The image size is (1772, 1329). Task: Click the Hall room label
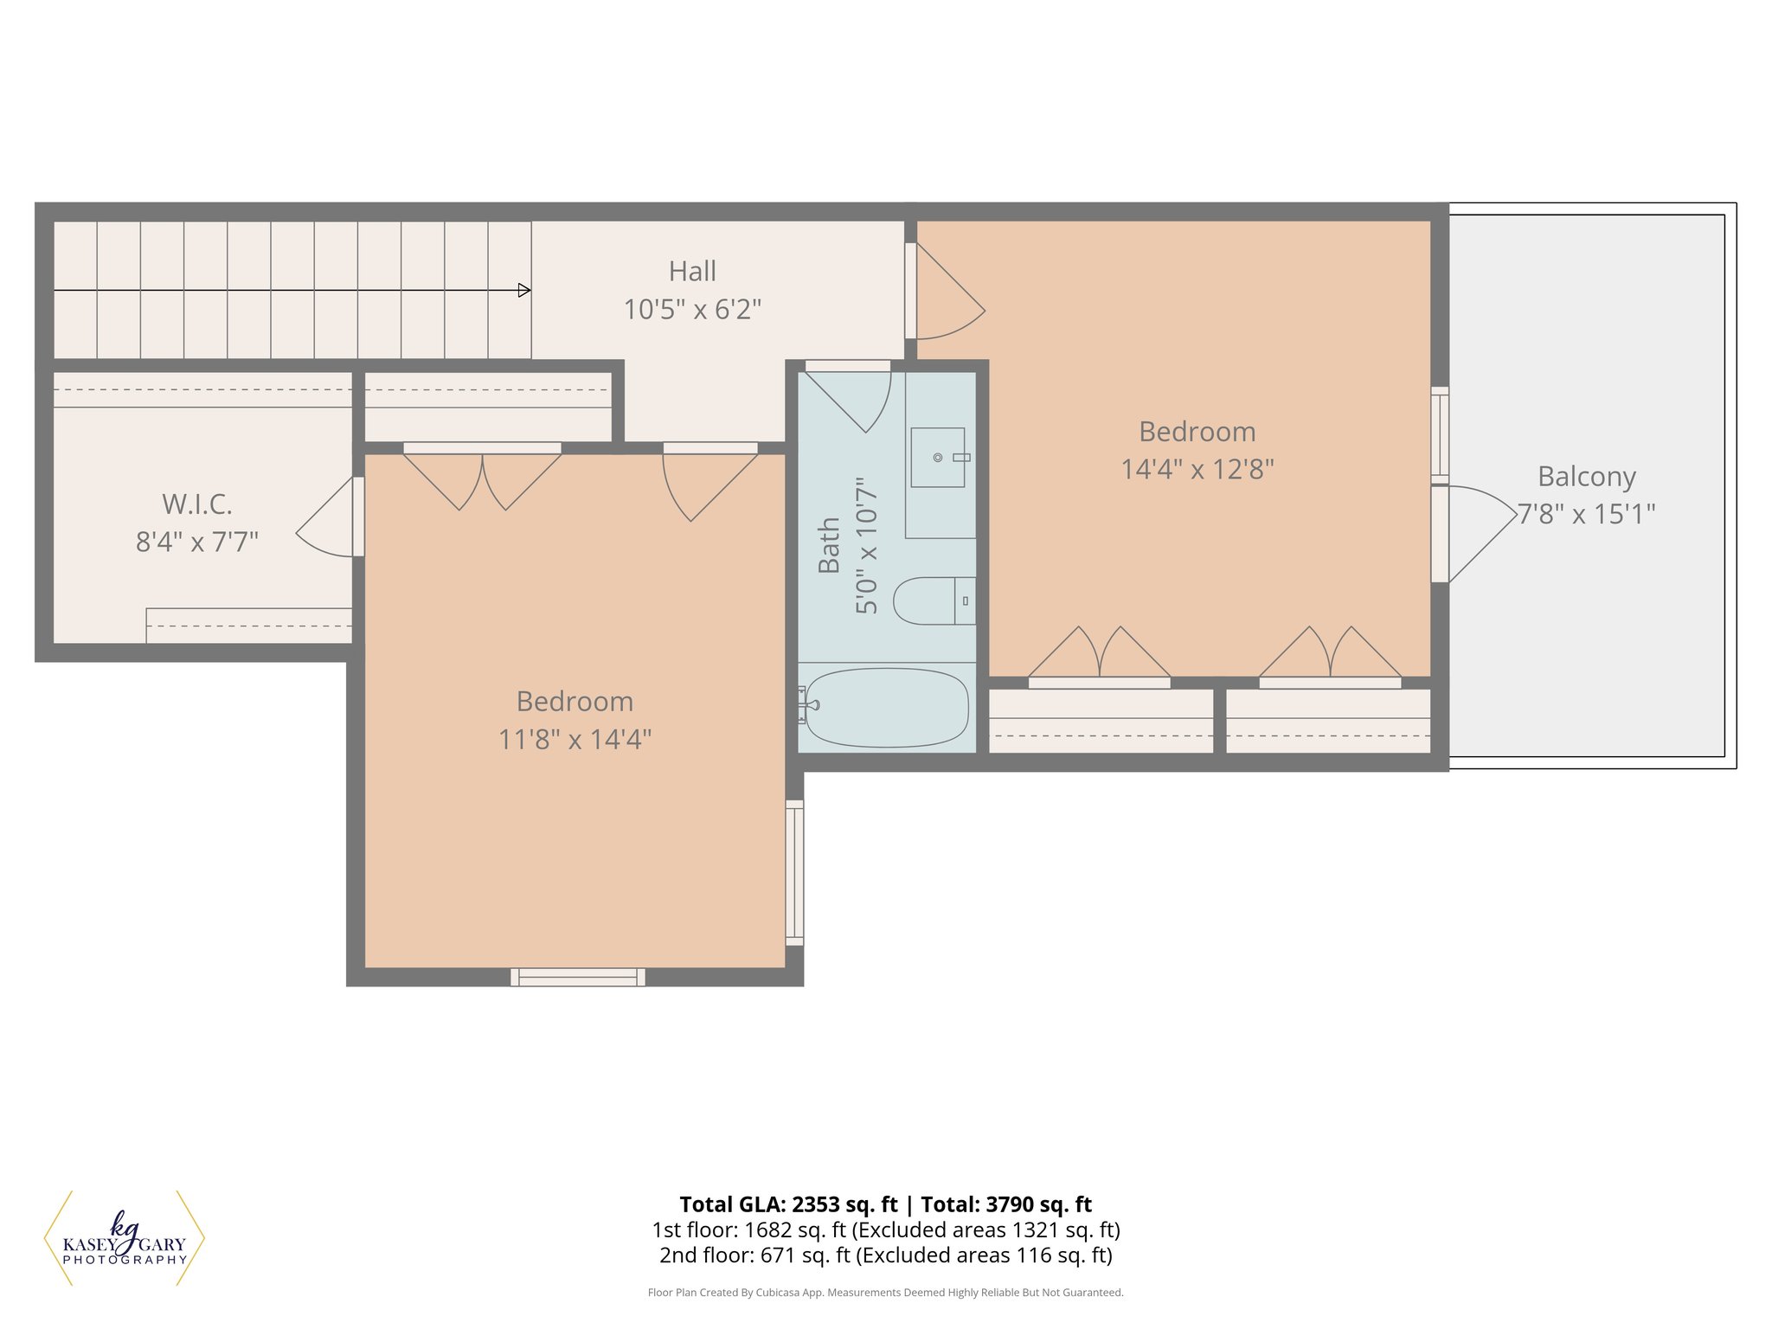[x=692, y=272]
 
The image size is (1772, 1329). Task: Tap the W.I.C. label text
[x=197, y=504]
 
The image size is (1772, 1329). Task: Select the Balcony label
[x=1586, y=477]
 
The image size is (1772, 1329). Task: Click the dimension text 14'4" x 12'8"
[x=1197, y=470]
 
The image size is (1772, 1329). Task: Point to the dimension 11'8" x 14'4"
[x=575, y=740]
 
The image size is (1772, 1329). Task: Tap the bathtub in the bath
[x=887, y=707]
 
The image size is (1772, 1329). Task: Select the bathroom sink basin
[x=937, y=457]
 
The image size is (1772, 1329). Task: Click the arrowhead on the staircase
[x=523, y=291]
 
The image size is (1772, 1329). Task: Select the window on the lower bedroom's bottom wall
[x=577, y=977]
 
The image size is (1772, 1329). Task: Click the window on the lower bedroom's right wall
[x=794, y=872]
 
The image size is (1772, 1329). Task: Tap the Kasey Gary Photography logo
[x=125, y=1239]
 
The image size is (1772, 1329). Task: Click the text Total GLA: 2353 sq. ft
[x=788, y=1204]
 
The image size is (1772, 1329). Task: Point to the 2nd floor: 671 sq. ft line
[x=885, y=1255]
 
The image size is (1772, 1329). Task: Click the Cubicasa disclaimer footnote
[x=885, y=1293]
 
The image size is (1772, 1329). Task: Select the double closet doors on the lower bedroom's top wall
[x=482, y=478]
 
